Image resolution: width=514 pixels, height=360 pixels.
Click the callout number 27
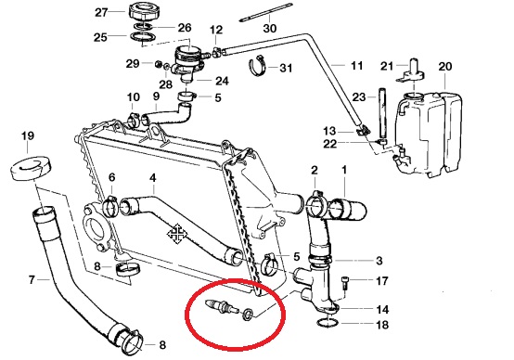click(x=101, y=12)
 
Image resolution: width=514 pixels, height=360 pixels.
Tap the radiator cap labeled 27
click(x=143, y=12)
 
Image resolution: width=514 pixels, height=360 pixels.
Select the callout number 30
click(x=270, y=28)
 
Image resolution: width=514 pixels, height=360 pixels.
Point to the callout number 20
click(x=445, y=67)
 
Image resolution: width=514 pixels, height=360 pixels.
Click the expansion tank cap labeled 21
click(x=411, y=71)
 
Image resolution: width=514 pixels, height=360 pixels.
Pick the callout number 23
click(x=359, y=97)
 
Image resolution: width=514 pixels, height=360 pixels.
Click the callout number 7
click(x=32, y=280)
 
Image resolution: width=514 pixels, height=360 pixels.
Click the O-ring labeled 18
click(x=328, y=323)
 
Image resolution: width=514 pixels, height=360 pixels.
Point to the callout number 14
click(x=382, y=309)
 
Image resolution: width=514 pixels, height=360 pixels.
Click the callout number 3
click(x=379, y=261)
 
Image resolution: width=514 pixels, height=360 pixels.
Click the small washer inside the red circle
click(x=248, y=314)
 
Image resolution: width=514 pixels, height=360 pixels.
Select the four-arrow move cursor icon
click(x=177, y=234)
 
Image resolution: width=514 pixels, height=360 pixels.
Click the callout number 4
click(x=153, y=178)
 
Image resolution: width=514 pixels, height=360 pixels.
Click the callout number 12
click(x=216, y=31)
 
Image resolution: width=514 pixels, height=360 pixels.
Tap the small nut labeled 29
click(x=158, y=64)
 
